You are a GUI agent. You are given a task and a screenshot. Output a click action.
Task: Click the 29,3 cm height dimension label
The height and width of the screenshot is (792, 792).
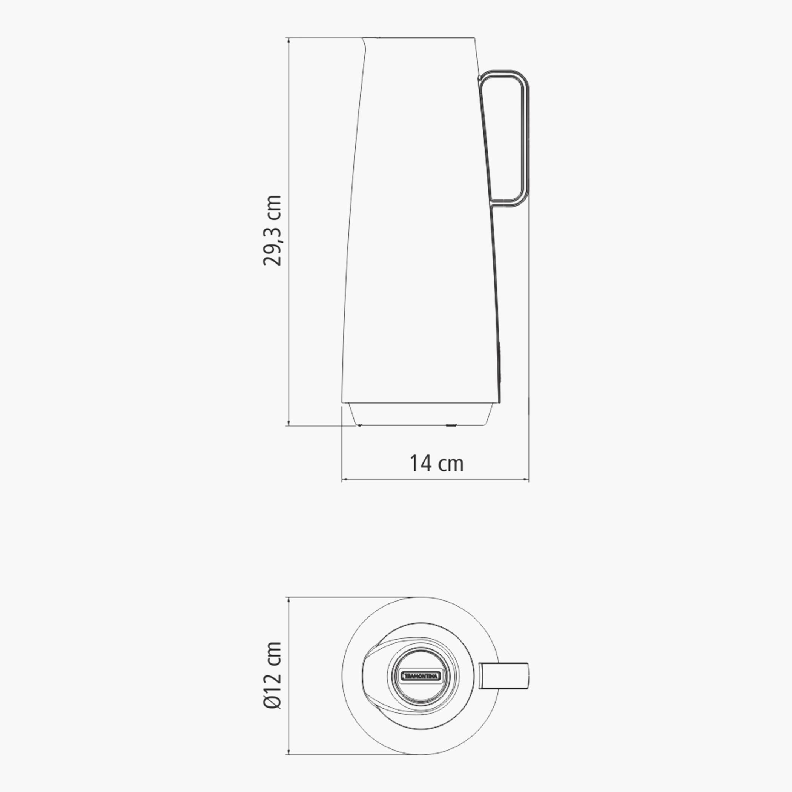coord(273,231)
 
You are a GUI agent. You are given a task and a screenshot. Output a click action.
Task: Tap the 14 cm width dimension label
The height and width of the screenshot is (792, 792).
coord(437,464)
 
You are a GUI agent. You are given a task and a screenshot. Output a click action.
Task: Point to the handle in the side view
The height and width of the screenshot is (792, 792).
coord(525,140)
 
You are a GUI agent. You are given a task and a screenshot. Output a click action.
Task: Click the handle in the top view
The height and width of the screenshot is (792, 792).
coord(505,676)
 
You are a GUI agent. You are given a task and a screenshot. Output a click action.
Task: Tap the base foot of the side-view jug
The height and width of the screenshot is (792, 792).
coord(420,414)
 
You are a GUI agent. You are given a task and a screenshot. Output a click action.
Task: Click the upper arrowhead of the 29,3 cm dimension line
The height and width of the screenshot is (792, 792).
coord(289,40)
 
